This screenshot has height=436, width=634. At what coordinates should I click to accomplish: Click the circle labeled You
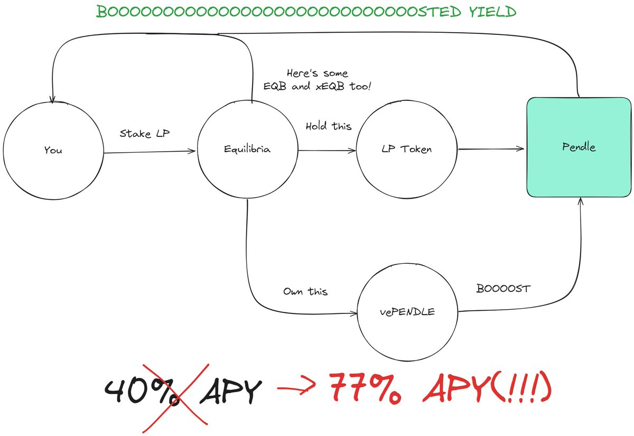point(53,150)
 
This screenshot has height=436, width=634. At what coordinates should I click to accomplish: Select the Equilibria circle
point(247,150)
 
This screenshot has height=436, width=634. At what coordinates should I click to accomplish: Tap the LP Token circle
point(407,150)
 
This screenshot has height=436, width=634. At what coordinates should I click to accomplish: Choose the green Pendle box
point(579,147)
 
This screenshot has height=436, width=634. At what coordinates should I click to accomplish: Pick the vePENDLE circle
point(407,312)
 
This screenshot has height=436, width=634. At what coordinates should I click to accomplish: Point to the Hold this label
point(328,126)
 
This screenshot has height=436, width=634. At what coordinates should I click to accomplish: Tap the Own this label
point(305,291)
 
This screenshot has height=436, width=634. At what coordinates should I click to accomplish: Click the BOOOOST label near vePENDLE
point(503,289)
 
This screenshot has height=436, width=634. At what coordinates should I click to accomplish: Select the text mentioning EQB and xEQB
point(317,80)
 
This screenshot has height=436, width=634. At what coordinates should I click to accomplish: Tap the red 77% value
point(365,389)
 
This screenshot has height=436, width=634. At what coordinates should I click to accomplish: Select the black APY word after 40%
point(231,392)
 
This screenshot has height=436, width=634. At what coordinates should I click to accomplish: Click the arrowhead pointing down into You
point(52,100)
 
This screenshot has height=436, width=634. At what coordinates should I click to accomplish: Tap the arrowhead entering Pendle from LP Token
point(521,150)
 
